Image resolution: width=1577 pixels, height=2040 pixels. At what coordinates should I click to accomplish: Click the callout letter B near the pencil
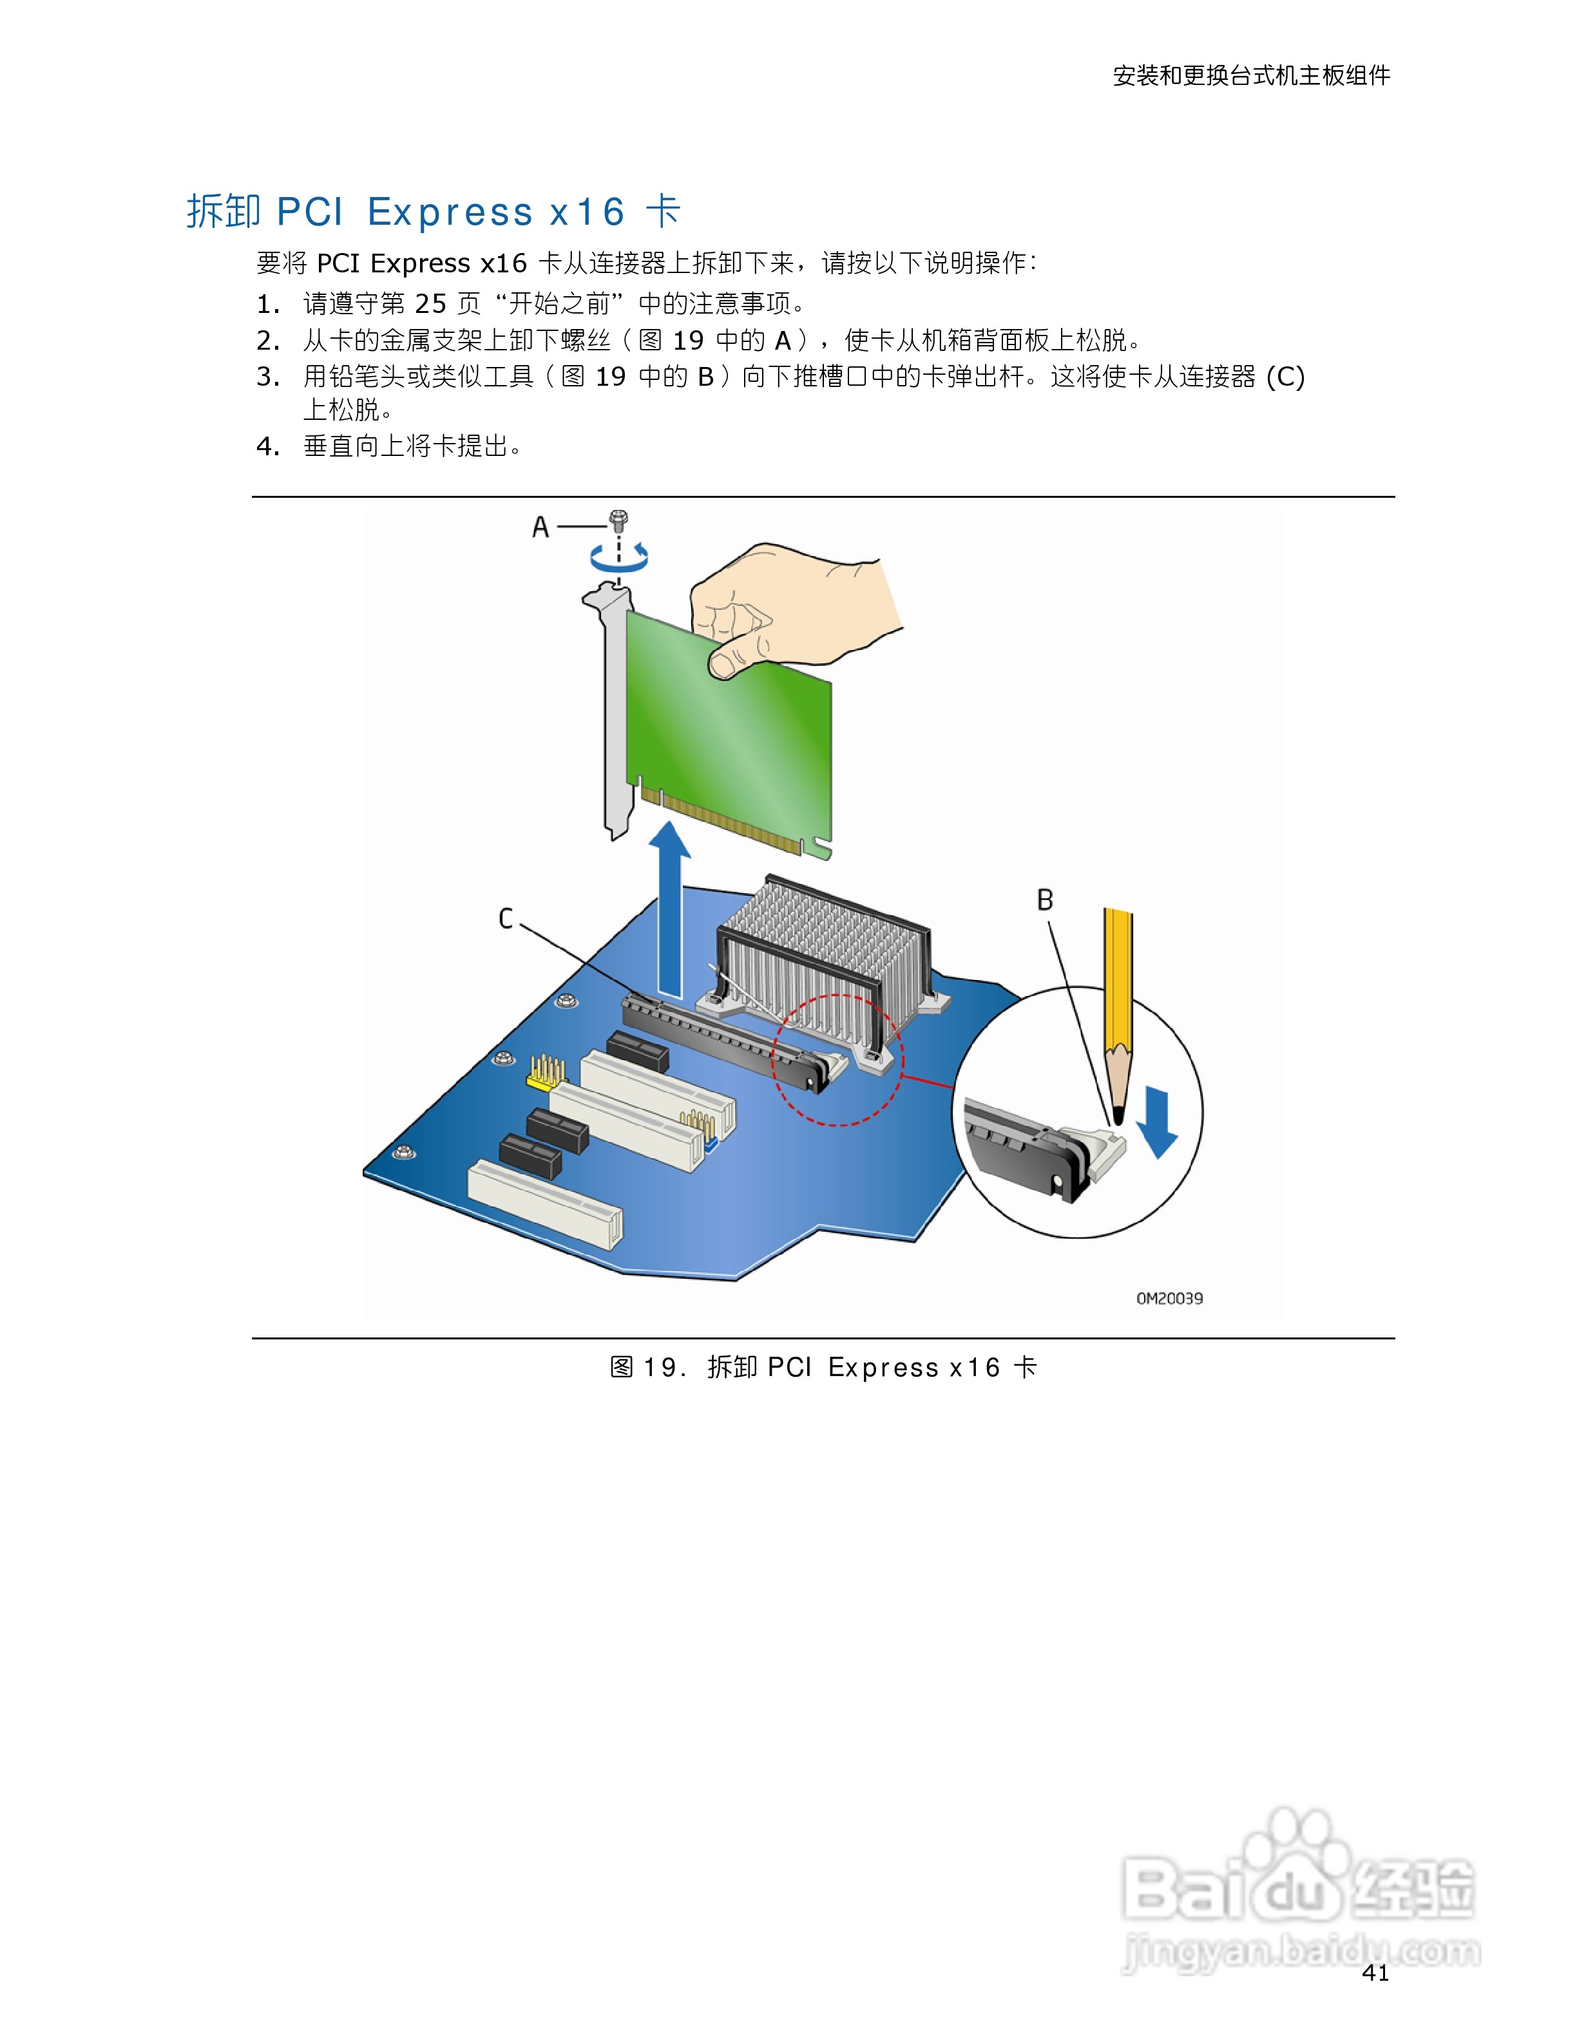1044,900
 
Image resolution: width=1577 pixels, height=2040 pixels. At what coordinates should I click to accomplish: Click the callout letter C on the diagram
506,918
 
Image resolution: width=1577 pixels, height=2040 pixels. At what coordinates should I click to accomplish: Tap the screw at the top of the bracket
618,520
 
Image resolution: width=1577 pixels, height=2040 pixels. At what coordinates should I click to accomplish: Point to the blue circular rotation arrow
618,558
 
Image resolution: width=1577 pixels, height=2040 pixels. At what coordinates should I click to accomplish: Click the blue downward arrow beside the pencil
1158,1122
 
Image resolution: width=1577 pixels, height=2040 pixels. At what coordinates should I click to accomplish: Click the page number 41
1375,1973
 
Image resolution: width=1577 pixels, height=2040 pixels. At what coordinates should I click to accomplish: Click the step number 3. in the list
268,377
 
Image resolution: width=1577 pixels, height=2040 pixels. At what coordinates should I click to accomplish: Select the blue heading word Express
450,212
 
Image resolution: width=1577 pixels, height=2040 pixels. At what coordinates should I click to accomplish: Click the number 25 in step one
431,303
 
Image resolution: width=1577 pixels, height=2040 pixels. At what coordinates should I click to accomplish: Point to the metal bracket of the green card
614,710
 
